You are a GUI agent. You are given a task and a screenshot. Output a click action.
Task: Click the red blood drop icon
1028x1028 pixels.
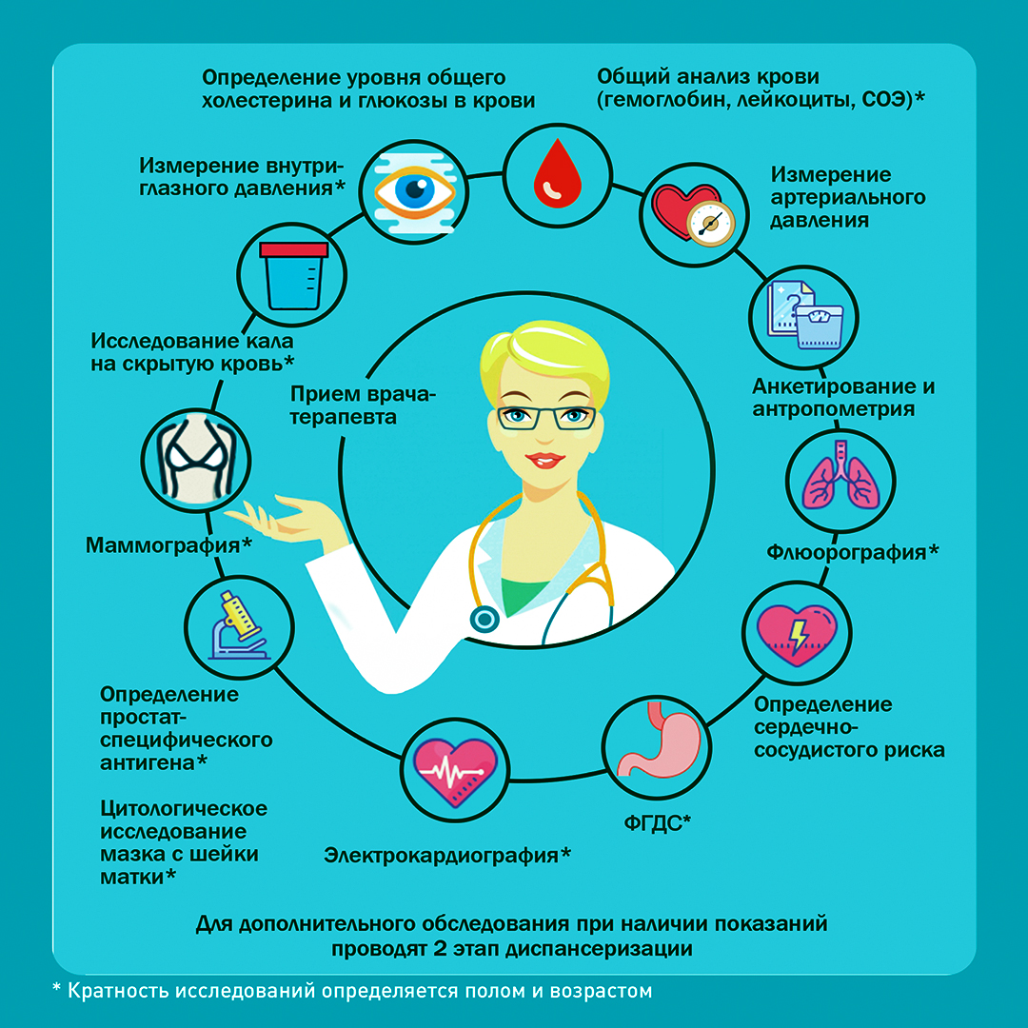tap(557, 173)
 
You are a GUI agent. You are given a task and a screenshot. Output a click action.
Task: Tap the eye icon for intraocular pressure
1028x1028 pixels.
tap(414, 191)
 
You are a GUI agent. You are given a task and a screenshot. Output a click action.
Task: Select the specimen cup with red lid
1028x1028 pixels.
tap(293, 275)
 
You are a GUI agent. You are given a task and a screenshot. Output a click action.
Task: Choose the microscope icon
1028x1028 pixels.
tap(239, 626)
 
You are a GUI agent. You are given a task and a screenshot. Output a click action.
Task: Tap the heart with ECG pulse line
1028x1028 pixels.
tap(455, 772)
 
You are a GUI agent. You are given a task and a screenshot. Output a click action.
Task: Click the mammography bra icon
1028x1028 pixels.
tap(195, 459)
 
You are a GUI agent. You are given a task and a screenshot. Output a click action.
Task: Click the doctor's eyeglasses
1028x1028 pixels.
tap(546, 418)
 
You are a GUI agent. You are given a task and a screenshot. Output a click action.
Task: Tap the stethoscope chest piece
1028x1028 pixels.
tap(484, 619)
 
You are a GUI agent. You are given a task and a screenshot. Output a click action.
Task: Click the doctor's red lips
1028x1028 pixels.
tap(545, 460)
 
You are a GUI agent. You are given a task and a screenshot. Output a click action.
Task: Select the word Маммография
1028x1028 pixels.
tap(163, 545)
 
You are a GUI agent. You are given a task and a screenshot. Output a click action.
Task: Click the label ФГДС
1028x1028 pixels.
tap(652, 822)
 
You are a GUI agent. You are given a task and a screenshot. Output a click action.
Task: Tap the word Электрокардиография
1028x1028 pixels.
tap(442, 856)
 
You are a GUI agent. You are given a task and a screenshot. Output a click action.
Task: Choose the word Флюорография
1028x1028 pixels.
tap(846, 553)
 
